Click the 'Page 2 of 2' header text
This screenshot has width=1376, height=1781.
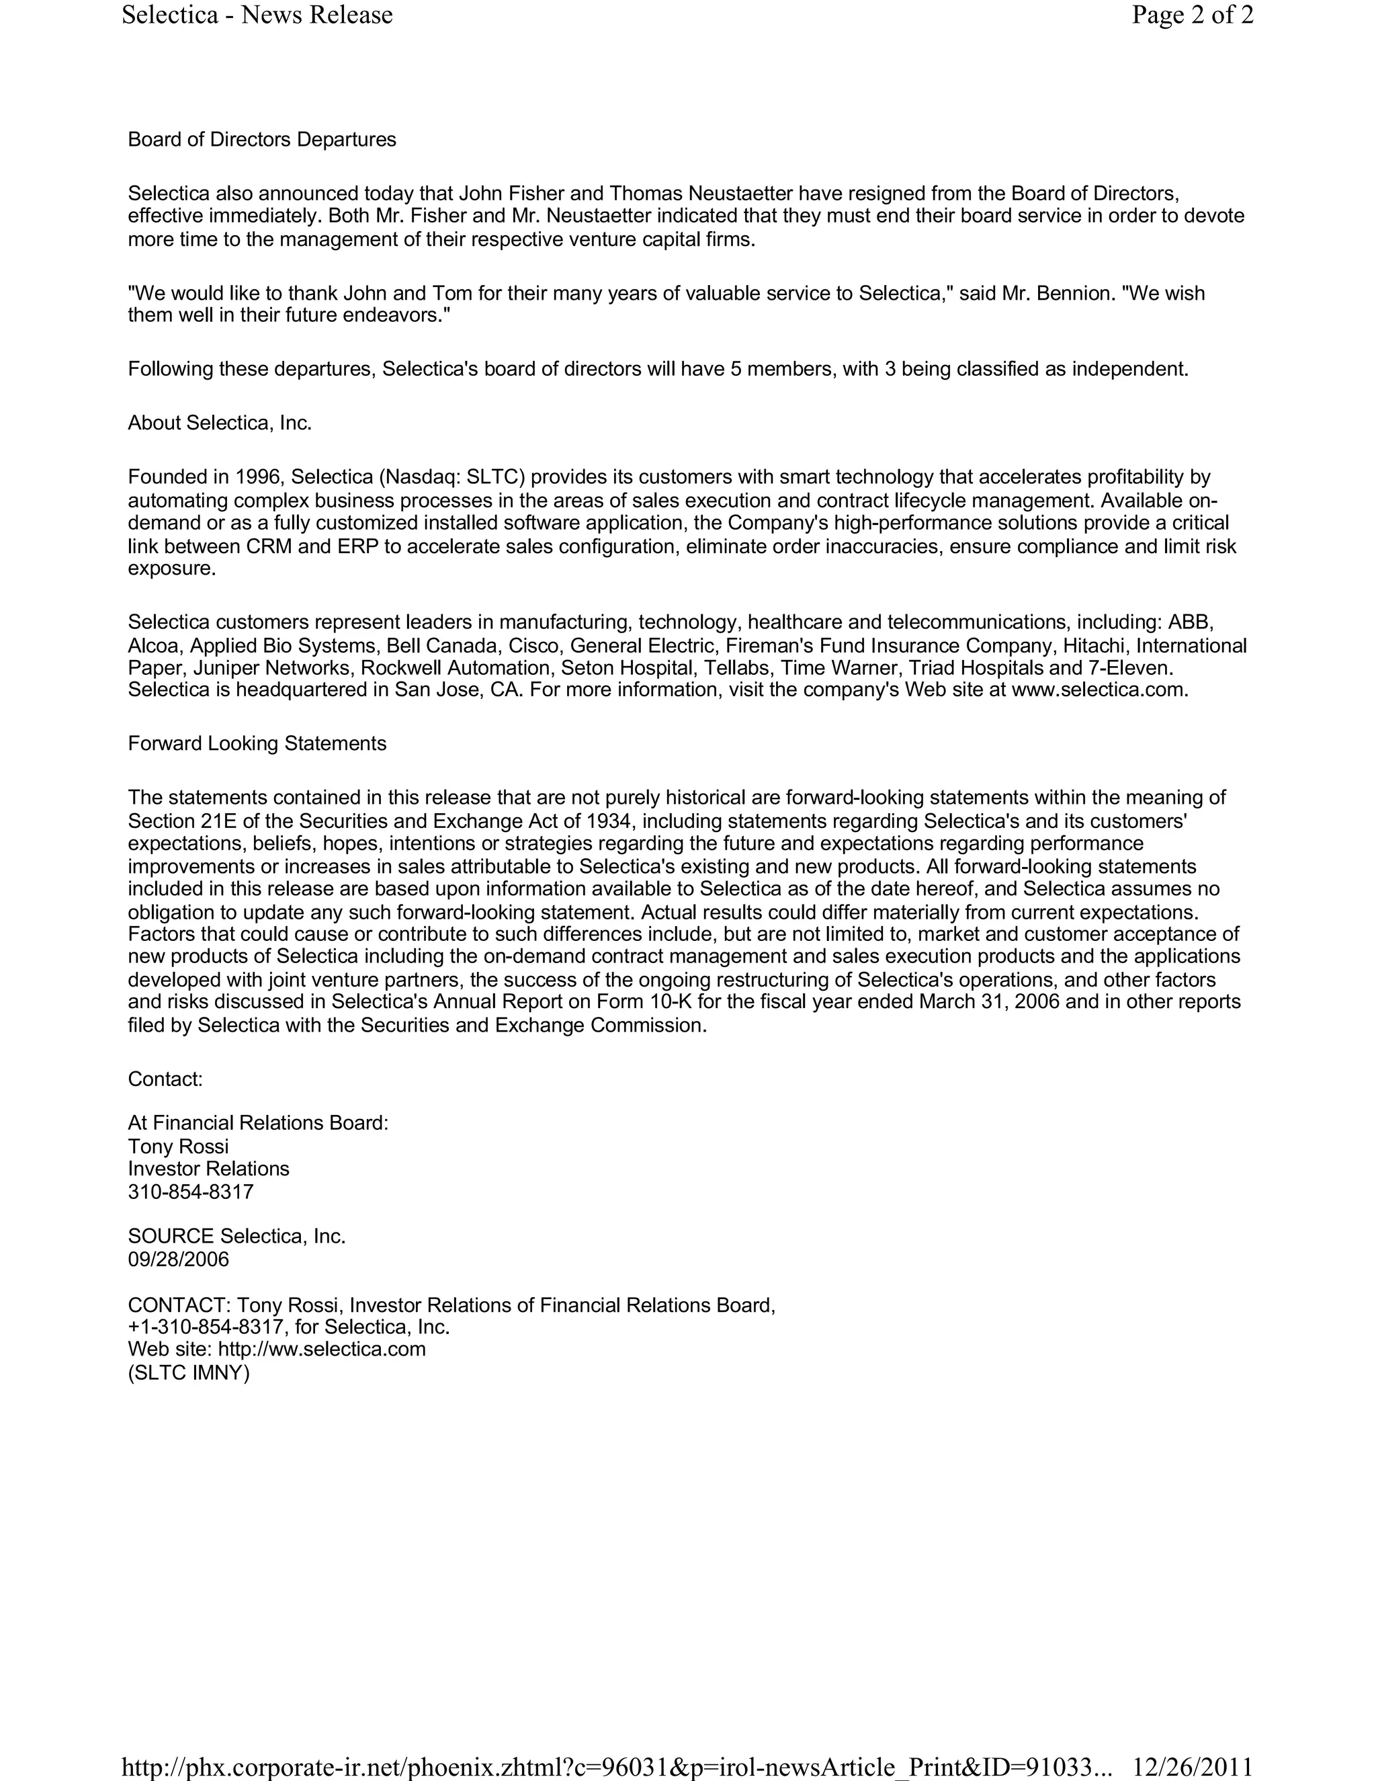click(x=1192, y=15)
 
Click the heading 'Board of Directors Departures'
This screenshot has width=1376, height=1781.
click(x=261, y=139)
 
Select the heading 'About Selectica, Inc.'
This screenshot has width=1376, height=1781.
click(x=219, y=423)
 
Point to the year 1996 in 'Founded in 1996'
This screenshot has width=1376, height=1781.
click(x=259, y=477)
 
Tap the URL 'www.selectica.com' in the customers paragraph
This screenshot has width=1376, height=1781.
click(x=1096, y=690)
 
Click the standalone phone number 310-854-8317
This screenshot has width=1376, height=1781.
click(x=191, y=1192)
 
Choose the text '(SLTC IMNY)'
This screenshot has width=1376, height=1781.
click(x=188, y=1372)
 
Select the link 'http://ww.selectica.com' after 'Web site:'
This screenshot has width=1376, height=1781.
click(x=322, y=1349)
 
